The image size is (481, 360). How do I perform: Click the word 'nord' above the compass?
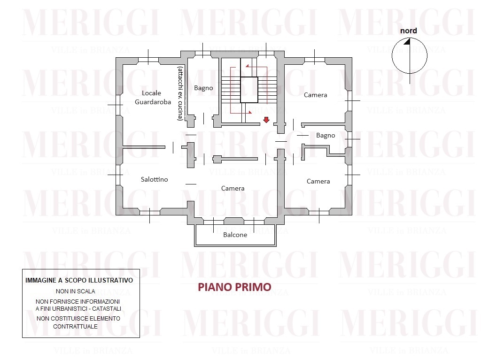pos(408,31)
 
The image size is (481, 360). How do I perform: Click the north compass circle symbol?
pos(392,56)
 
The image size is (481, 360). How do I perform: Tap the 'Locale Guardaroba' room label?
pos(153,98)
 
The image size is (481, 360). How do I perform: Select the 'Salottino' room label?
pos(154,179)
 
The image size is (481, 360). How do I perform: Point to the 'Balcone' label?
pos(235,235)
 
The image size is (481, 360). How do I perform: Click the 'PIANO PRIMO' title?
pos(235,287)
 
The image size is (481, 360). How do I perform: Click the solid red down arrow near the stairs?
pos(266,120)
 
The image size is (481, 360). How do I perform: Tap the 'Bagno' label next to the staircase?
pos(203,88)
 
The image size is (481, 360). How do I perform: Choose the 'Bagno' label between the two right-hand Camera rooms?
pos(326,136)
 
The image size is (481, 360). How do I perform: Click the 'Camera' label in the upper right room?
pos(315,95)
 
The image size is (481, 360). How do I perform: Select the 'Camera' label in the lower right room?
pos(318,181)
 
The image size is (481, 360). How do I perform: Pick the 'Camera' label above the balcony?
pos(233,188)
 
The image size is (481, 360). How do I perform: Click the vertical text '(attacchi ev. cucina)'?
pos(180,93)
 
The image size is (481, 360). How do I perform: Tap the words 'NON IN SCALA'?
pos(76,291)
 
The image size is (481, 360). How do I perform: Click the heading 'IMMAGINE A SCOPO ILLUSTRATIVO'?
pos(79,280)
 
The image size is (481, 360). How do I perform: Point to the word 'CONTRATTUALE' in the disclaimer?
pos(76,327)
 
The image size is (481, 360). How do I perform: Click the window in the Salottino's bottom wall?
pos(150,211)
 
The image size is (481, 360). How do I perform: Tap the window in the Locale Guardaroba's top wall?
pos(148,60)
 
